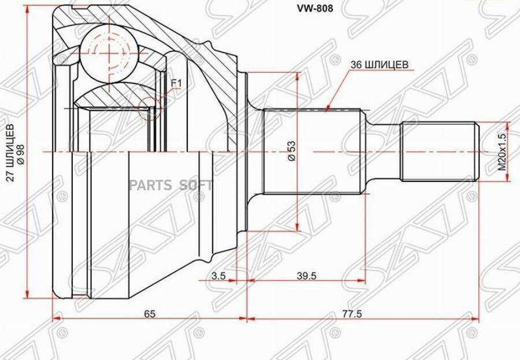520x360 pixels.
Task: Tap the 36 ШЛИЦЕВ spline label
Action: coord(380,65)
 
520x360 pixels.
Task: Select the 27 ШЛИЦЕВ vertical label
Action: coord(12,153)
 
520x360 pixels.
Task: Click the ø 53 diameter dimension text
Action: coord(292,151)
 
